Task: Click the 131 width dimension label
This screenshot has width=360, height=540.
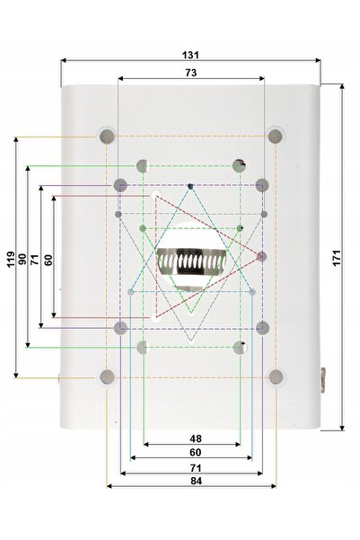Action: [190, 55]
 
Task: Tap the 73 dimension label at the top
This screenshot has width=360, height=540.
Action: [191, 73]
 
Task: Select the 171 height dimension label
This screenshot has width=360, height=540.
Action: [337, 258]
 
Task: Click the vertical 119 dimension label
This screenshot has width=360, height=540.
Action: [11, 259]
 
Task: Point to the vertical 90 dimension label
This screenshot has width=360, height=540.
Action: [22, 259]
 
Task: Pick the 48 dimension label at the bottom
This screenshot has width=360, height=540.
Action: [196, 438]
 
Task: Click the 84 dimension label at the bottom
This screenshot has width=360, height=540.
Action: [197, 481]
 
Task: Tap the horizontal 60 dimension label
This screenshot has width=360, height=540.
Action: [196, 452]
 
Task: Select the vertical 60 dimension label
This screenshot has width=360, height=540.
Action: [48, 260]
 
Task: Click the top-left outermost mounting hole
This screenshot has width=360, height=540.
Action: [107, 137]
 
